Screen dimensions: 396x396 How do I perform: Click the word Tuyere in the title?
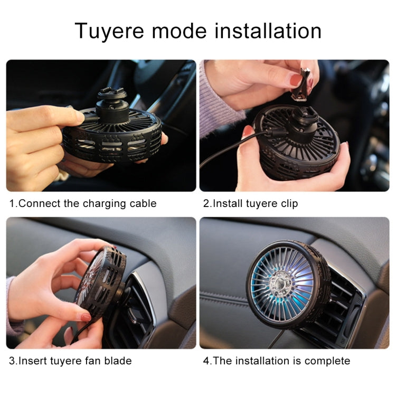point(109,31)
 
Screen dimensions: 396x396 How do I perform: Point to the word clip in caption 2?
point(288,203)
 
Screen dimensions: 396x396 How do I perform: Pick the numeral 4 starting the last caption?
point(207,361)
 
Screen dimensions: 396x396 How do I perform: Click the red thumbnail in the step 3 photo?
point(86,317)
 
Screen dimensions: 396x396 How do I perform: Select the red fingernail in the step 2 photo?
point(295,80)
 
